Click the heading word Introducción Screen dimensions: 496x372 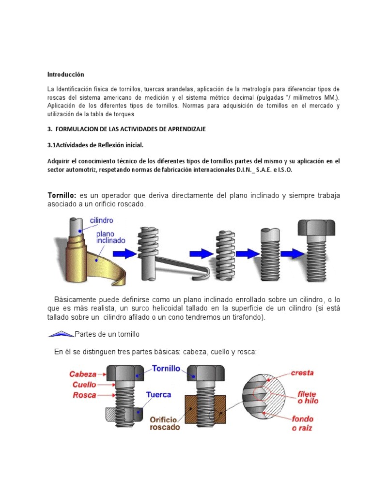pos(65,75)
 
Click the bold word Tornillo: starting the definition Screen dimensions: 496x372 pos(62,195)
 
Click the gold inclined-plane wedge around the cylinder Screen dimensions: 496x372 pos(97,262)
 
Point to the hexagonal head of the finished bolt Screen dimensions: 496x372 pos(316,228)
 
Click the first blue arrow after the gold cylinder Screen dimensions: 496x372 pos(125,253)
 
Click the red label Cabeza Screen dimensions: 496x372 pos(83,374)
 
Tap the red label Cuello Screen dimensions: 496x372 pos(84,385)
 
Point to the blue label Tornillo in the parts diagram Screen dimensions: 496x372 pos(166,369)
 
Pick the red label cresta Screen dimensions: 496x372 pos(302,373)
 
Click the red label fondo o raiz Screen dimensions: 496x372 pos(302,422)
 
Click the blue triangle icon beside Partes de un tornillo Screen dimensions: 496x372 pos(61,333)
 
